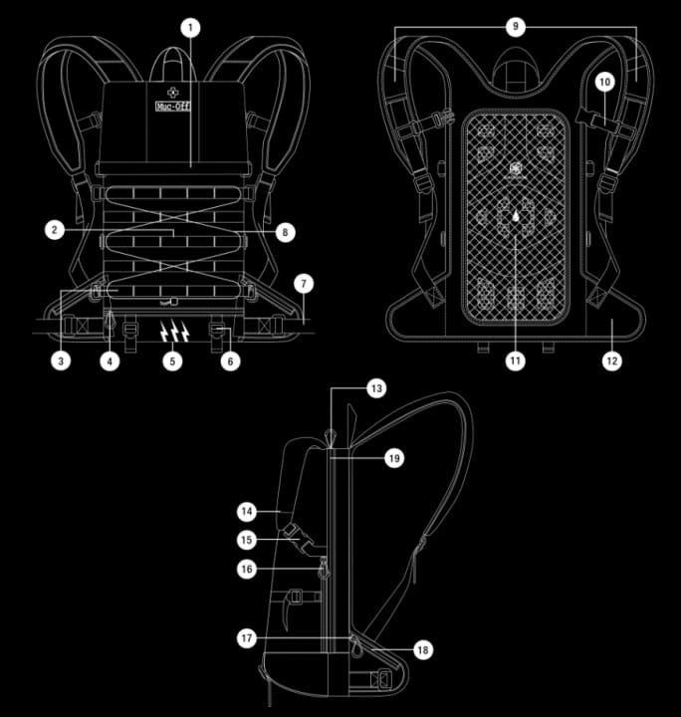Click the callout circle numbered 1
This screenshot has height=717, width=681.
click(x=190, y=27)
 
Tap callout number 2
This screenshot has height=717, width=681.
click(x=57, y=230)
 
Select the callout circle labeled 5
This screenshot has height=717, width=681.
click(x=174, y=360)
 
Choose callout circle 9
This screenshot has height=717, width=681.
click(x=515, y=27)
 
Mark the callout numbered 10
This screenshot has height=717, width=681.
click(x=606, y=81)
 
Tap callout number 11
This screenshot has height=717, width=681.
click(x=515, y=360)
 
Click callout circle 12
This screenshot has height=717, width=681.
click(x=610, y=360)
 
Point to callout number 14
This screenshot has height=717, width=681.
click(x=248, y=511)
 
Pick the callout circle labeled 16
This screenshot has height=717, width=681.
click(x=248, y=569)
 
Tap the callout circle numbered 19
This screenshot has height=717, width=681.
click(x=394, y=458)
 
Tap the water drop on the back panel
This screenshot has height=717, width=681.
click(x=516, y=214)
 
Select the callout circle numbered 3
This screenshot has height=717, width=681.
click(x=62, y=360)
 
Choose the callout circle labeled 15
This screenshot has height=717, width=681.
click(x=248, y=540)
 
